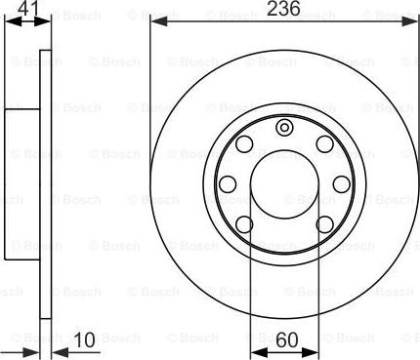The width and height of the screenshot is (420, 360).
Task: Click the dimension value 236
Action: (283, 9)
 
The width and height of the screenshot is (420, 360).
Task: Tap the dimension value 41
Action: (27, 8)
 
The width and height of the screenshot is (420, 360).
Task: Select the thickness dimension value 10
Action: (85, 340)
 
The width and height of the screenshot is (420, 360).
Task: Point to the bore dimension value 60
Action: (287, 340)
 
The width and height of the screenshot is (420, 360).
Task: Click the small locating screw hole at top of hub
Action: (284, 128)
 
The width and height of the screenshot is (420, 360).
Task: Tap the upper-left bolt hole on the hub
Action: (244, 143)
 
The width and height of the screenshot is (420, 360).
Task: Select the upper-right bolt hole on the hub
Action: (325, 143)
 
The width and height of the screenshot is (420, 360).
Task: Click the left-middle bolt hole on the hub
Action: (228, 184)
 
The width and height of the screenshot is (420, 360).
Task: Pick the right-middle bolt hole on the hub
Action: (342, 184)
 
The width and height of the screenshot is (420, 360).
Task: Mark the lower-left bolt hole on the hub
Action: (244, 224)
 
